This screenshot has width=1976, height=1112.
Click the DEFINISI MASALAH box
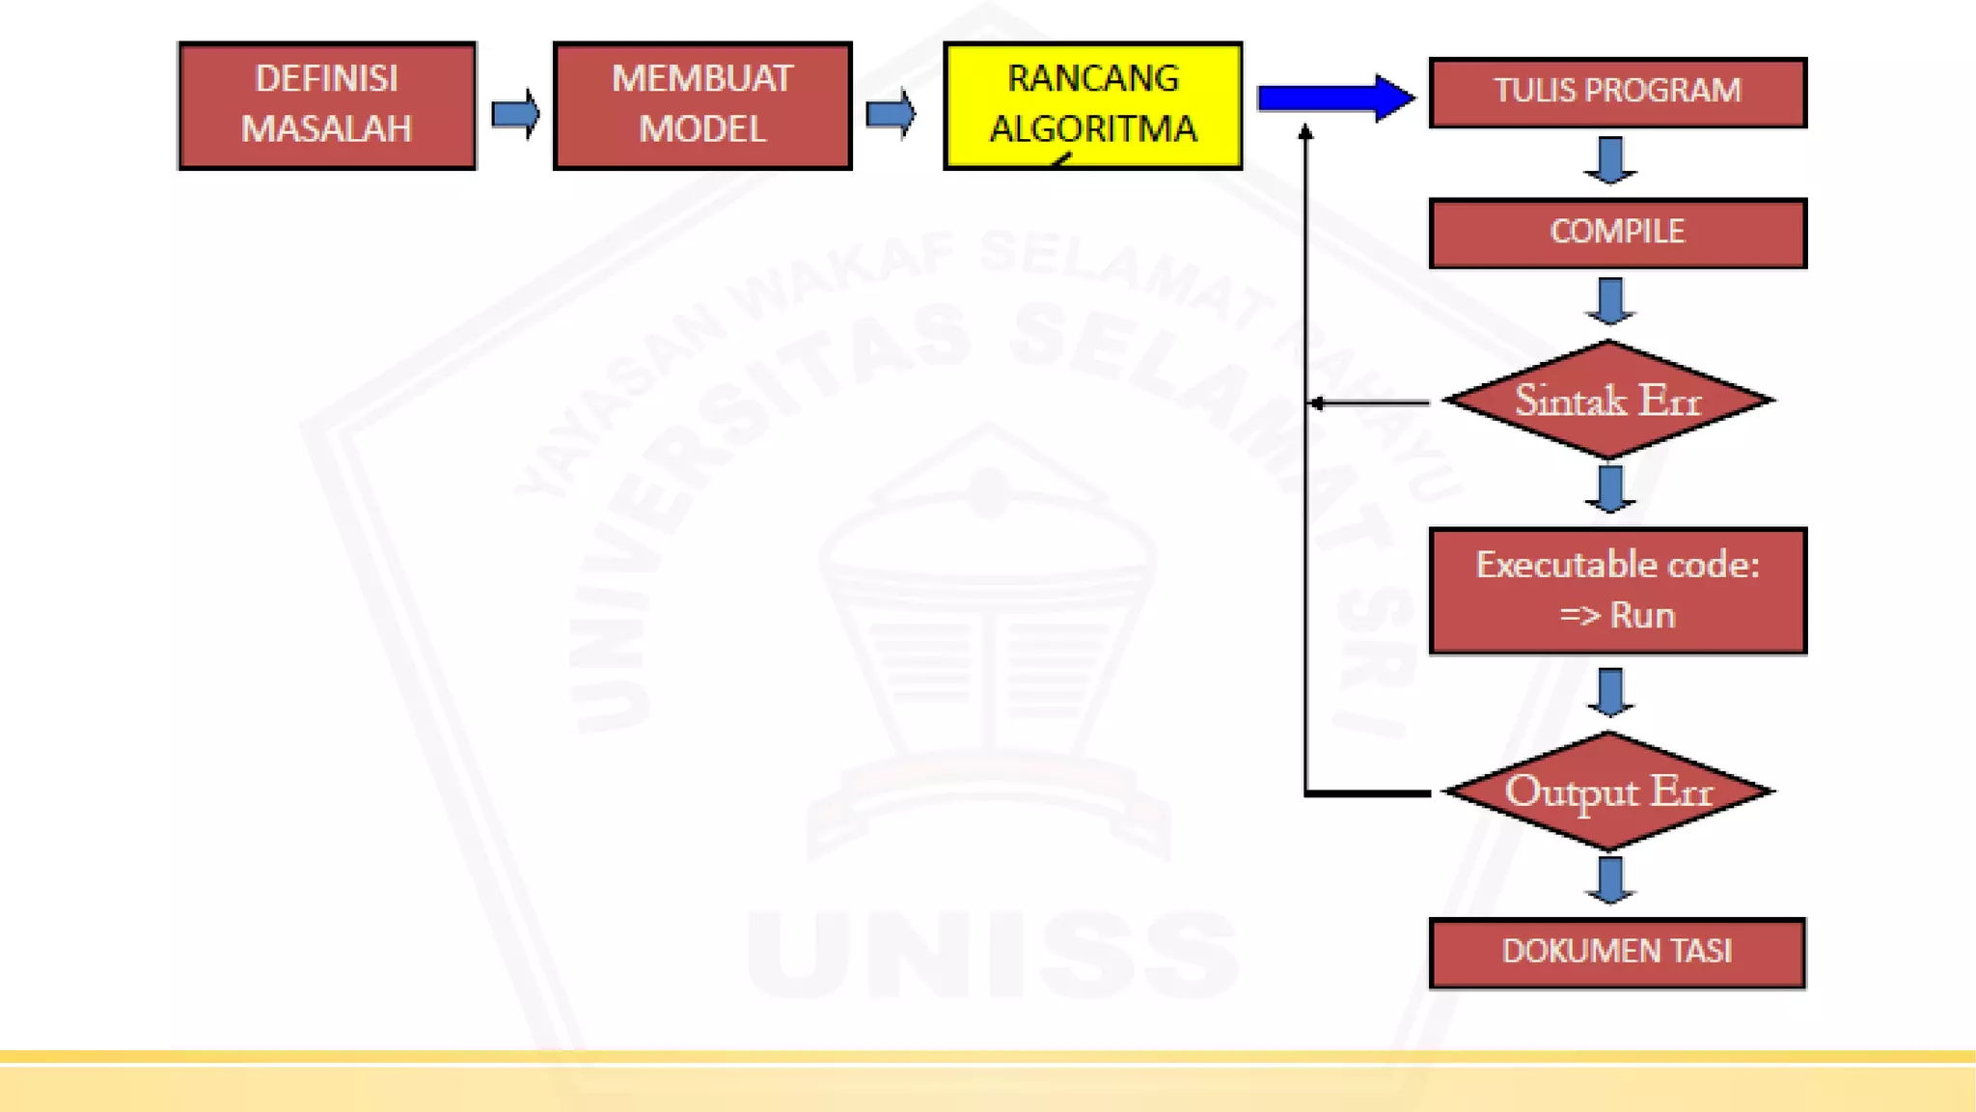click(x=327, y=105)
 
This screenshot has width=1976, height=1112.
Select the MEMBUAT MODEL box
click(x=702, y=105)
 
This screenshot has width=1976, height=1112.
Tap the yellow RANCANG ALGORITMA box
click(x=1093, y=105)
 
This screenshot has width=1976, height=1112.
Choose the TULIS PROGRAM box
click(x=1617, y=92)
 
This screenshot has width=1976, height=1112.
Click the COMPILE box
click(x=1617, y=233)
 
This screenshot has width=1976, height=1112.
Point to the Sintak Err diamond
click(x=1608, y=400)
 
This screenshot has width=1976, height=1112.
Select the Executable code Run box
click(x=1617, y=591)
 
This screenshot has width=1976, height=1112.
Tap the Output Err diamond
click(x=1608, y=792)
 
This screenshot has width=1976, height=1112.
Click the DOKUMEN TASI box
click(x=1617, y=953)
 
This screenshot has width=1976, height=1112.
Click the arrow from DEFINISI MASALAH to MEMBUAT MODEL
click(x=515, y=114)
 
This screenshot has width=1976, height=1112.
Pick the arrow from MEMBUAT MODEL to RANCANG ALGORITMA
click(x=890, y=114)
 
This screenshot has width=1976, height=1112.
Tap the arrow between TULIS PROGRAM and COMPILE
click(x=1609, y=160)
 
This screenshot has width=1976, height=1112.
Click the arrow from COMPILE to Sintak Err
click(x=1609, y=301)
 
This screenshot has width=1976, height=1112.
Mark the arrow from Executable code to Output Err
click(x=1609, y=692)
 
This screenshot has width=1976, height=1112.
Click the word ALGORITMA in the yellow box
click(x=1093, y=128)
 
